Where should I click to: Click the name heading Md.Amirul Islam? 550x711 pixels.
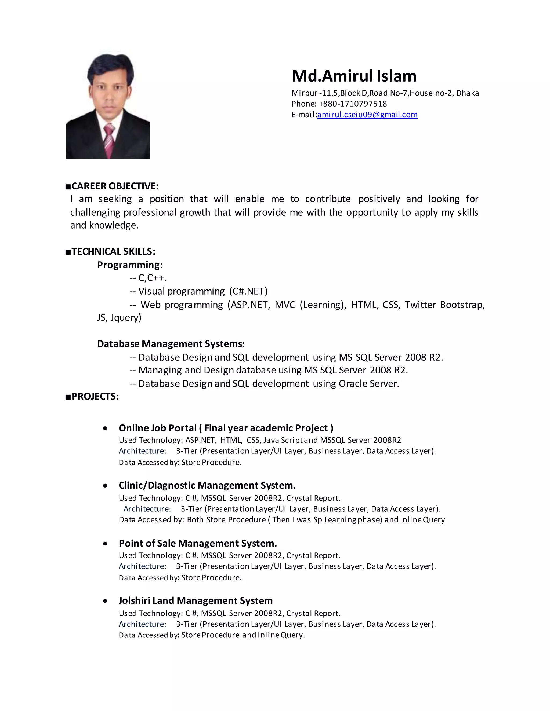pyautogui.click(x=354, y=76)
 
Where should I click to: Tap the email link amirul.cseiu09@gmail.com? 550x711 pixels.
pyautogui.click(x=367, y=115)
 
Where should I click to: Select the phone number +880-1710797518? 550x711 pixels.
pyautogui.click(x=353, y=104)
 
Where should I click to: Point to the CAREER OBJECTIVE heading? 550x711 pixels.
pyautogui.click(x=115, y=186)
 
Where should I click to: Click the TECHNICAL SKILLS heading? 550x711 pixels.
pyautogui.click(x=113, y=251)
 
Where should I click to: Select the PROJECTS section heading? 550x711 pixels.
pyautogui.click(x=95, y=396)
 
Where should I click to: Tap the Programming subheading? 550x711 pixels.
pyautogui.click(x=130, y=265)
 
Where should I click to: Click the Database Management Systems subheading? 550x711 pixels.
pyautogui.click(x=171, y=344)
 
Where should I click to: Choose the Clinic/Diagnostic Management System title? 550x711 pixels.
pyautogui.click(x=207, y=485)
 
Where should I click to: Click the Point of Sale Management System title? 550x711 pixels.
pyautogui.click(x=198, y=543)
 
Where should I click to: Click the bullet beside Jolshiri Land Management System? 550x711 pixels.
pyautogui.click(x=105, y=601)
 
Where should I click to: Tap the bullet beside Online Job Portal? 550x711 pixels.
pyautogui.click(x=105, y=428)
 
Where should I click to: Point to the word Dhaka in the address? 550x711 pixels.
pyautogui.click(x=467, y=93)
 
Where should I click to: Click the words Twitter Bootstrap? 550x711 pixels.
pyautogui.click(x=444, y=305)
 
